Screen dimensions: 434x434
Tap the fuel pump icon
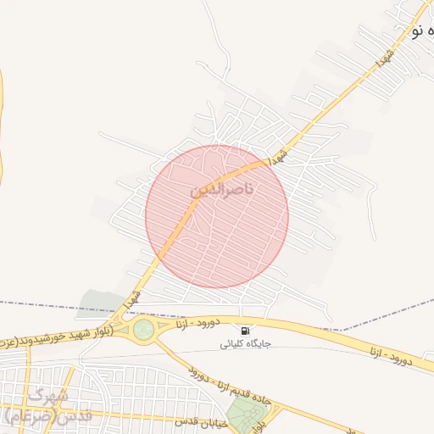pos(245,331)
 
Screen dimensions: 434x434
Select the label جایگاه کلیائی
pos(246,343)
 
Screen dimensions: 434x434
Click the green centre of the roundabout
pos(144,329)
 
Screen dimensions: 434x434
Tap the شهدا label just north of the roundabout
pos(130,300)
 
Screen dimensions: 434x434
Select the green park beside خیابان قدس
pos(247,415)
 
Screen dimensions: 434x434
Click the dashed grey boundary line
pos(51,305)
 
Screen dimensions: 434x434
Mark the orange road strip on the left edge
pos(2,127)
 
